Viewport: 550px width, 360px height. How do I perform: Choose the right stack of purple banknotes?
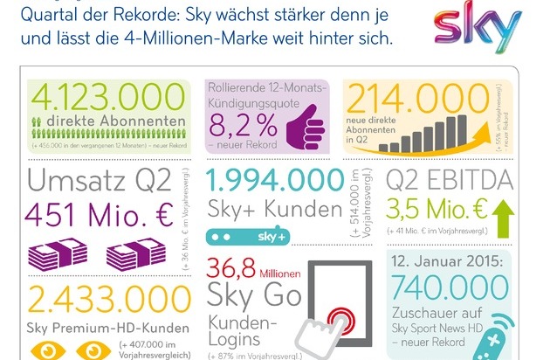(135, 256)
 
